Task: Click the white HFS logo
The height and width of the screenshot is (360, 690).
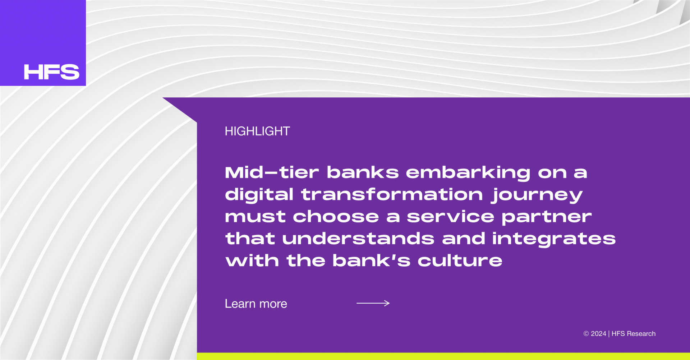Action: pos(52,72)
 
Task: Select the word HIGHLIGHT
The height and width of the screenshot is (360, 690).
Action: pos(257,131)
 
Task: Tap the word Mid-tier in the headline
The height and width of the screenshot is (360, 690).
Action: pos(272,172)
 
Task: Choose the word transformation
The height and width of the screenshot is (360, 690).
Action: pos(392,194)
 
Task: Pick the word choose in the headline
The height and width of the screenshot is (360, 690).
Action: pos(336,217)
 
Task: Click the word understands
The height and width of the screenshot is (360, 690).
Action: pos(358,239)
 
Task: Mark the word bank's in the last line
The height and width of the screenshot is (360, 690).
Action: pos(372,260)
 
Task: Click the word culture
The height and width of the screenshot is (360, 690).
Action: pos(460,260)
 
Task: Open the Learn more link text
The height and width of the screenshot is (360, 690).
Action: pos(256,304)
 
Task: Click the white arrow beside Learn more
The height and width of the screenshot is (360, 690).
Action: pos(373,303)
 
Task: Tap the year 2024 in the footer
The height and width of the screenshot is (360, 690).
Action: pos(598,334)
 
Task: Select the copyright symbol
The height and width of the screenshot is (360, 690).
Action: pos(586,334)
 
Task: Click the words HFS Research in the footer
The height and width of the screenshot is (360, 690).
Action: pos(634,334)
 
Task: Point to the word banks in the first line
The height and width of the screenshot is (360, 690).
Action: pos(363,172)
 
